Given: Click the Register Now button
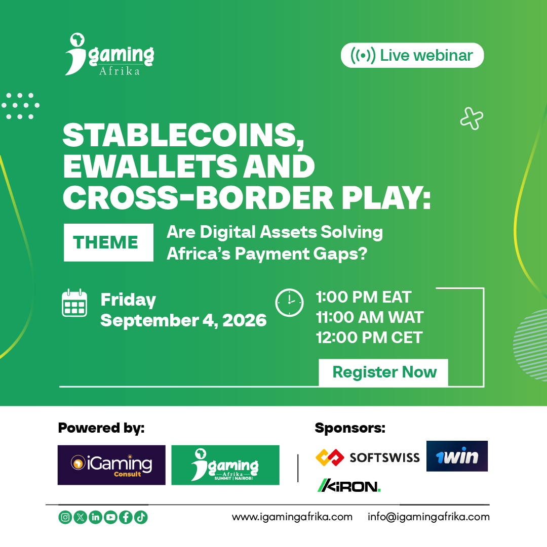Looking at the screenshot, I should (384, 372).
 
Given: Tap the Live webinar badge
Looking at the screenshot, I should (412, 56).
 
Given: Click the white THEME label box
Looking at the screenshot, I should (108, 242).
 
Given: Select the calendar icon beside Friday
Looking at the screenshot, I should (74, 304).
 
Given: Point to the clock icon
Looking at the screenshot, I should (289, 303).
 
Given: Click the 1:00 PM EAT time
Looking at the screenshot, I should (364, 297).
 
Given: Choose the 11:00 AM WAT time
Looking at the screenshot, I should (370, 318).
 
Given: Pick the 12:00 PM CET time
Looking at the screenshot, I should (369, 338).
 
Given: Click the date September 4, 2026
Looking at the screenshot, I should (183, 320).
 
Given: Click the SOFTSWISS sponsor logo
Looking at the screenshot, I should (368, 457).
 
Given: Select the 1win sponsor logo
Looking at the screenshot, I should (457, 456).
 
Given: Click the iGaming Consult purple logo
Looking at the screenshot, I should (111, 465).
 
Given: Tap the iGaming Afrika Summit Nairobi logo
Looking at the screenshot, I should (225, 465).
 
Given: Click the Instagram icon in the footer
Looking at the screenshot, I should (65, 517).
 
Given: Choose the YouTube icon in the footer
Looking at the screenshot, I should (110, 517).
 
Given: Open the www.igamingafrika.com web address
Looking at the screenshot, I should (292, 517).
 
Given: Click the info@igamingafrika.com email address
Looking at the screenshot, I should (428, 517).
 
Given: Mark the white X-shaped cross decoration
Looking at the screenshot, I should (472, 119).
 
